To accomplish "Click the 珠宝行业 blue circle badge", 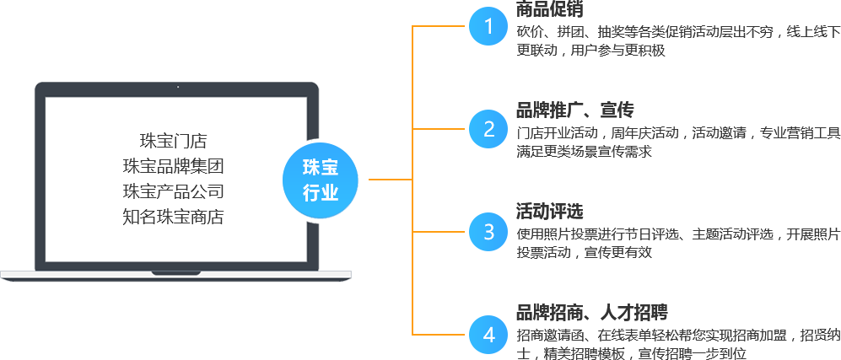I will click(x=320, y=180).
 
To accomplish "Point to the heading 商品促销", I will click(x=549, y=9).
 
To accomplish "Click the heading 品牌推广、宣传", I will click(x=574, y=110).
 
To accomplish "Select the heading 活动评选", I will click(x=549, y=211).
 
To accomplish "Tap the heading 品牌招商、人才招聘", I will click(x=591, y=312).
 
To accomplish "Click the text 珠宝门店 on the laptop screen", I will click(x=173, y=141).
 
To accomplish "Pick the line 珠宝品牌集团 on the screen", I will click(x=173, y=166).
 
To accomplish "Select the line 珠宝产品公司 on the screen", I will click(x=173, y=191).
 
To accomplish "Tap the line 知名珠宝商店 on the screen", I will click(x=173, y=217).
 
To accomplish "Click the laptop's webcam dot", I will click(x=177, y=87).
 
